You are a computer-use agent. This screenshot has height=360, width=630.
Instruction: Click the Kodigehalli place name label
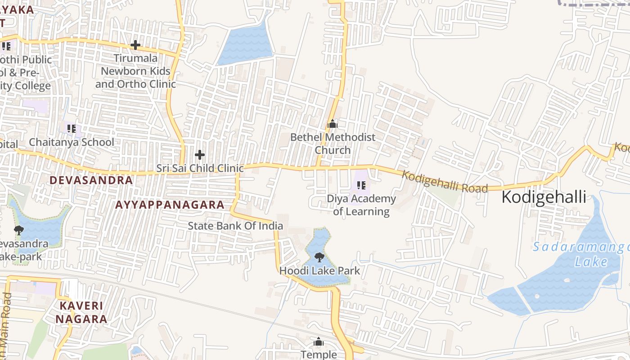coord(544,197)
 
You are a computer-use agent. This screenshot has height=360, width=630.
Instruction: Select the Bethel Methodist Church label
coord(333,144)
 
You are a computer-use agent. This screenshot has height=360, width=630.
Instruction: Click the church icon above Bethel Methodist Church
coord(333,124)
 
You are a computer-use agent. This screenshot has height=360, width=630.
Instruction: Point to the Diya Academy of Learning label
coord(361,205)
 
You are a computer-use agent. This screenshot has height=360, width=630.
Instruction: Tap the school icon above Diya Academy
coord(361,185)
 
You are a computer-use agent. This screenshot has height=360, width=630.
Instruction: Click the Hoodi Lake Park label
coord(319,270)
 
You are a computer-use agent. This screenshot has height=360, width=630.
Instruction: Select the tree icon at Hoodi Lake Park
coord(319,257)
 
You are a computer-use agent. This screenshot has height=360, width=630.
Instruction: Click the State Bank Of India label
coord(235,226)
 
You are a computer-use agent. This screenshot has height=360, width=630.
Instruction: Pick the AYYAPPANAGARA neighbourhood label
coord(170,205)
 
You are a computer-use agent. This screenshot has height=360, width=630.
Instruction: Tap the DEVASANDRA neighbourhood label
coord(91,180)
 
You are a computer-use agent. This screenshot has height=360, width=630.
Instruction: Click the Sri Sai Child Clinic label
coord(200,168)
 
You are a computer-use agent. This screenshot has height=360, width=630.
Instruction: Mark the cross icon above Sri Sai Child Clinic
coord(200,155)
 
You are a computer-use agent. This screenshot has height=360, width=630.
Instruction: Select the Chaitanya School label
coord(72,142)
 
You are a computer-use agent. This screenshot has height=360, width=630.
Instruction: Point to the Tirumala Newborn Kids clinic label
coord(135,71)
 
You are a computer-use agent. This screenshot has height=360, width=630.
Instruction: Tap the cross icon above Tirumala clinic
coord(135,45)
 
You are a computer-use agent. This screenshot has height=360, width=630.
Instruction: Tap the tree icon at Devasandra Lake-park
coord(19,230)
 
